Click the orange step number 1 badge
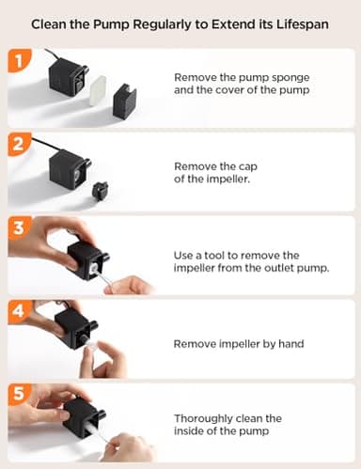coord(19,60)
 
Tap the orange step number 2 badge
coord(19,144)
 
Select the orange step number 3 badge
coord(19,227)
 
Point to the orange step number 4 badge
coord(19,311)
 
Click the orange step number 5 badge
coord(19,394)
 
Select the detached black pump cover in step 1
coord(125,101)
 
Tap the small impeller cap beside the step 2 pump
coord(101,192)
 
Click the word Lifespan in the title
coord(303,24)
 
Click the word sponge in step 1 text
coord(290,78)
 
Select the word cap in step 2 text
coord(247,166)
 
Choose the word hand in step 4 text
coord(291,344)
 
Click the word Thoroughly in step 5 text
coord(203,419)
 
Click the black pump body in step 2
coord(69,168)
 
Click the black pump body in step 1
coord(68,78)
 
